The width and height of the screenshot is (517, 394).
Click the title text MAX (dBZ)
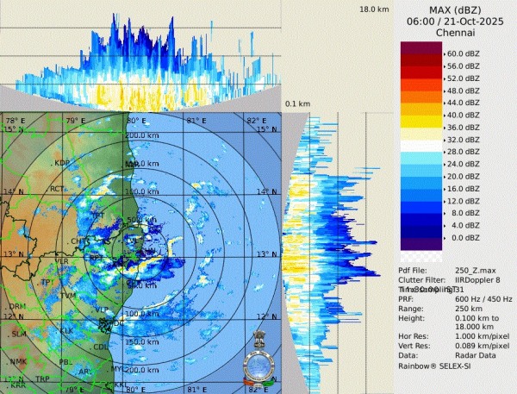click(456, 9)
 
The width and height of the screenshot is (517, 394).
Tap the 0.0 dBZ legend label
click(462, 237)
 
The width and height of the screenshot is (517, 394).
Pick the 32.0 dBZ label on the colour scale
click(464, 139)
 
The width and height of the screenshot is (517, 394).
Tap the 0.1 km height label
click(297, 103)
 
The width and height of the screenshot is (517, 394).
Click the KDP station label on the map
click(62, 163)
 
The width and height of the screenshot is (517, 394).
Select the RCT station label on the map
click(58, 189)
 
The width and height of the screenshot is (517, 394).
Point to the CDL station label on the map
click(102, 347)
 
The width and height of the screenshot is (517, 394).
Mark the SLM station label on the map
click(18, 334)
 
